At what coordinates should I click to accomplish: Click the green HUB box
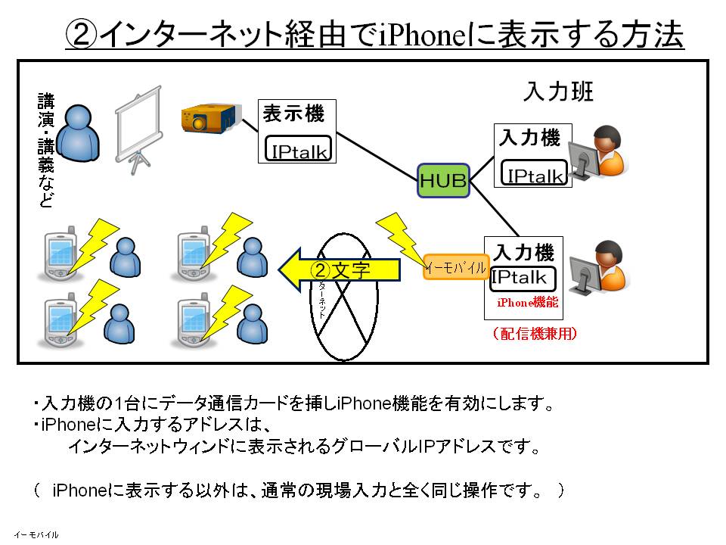click(443, 180)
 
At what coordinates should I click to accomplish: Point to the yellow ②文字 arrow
click(339, 269)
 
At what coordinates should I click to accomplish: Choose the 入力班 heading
click(558, 92)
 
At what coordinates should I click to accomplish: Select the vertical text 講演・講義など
click(47, 151)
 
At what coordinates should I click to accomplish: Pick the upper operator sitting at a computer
click(603, 154)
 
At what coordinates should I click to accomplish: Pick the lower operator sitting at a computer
click(603, 268)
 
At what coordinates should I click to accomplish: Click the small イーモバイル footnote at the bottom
click(36, 534)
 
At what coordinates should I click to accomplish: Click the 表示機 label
click(293, 114)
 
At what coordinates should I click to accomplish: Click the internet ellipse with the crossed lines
click(344, 295)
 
